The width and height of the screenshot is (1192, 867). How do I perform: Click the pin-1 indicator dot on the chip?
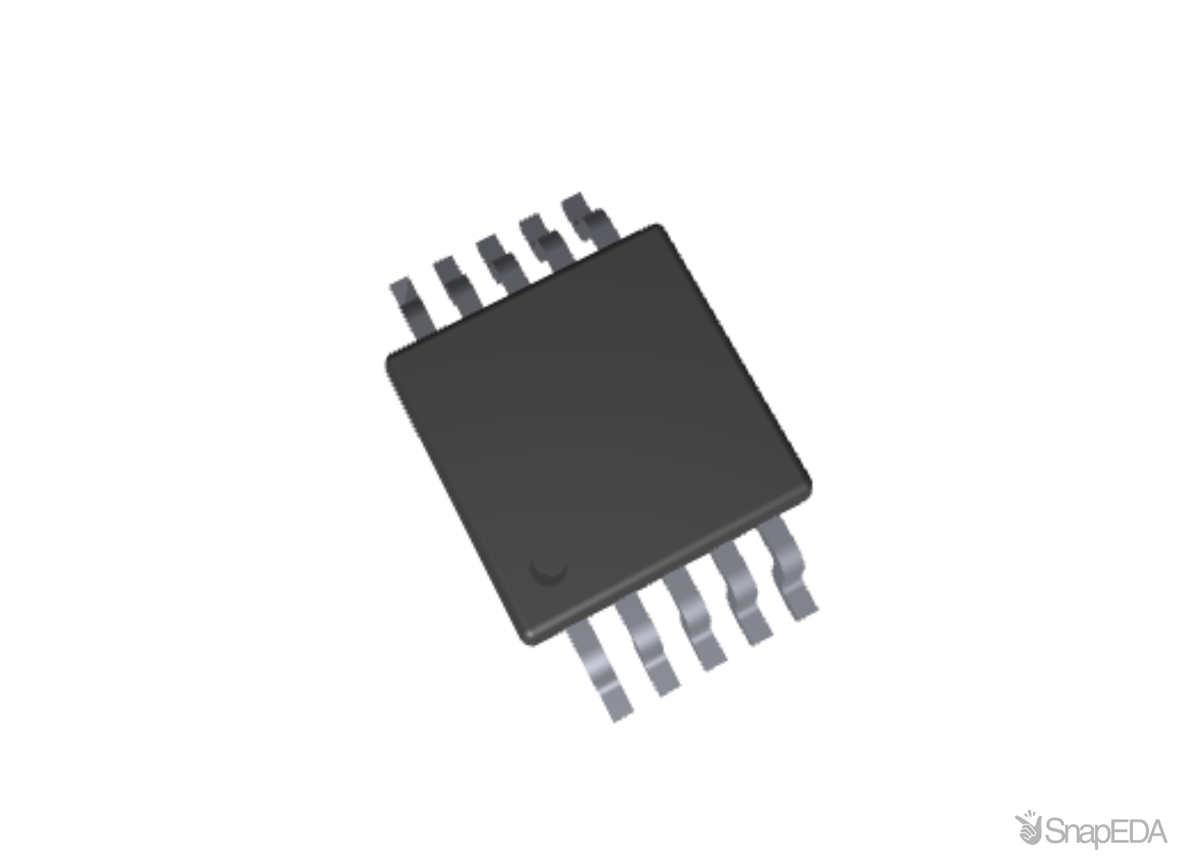pos(547,569)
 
